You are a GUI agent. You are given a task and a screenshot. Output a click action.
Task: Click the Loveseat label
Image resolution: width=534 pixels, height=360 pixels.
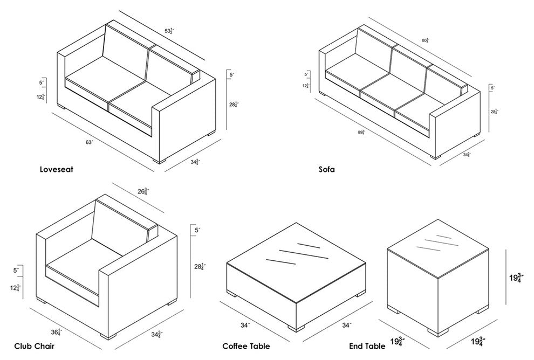56,169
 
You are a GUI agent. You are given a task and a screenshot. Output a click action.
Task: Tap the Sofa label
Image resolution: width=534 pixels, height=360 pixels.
326,169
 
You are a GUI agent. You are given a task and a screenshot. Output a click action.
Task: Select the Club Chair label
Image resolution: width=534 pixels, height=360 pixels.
33,345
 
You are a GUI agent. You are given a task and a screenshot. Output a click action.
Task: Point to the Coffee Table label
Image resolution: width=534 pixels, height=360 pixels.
246,345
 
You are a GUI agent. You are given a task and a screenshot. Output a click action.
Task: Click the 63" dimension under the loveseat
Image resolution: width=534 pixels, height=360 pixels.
88,142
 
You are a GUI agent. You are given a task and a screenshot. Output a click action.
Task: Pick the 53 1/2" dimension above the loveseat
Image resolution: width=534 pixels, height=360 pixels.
168,31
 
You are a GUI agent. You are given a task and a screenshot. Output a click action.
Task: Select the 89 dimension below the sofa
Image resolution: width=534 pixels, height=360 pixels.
360,132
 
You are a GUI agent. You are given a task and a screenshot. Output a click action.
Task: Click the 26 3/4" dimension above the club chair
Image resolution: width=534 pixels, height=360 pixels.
143,191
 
